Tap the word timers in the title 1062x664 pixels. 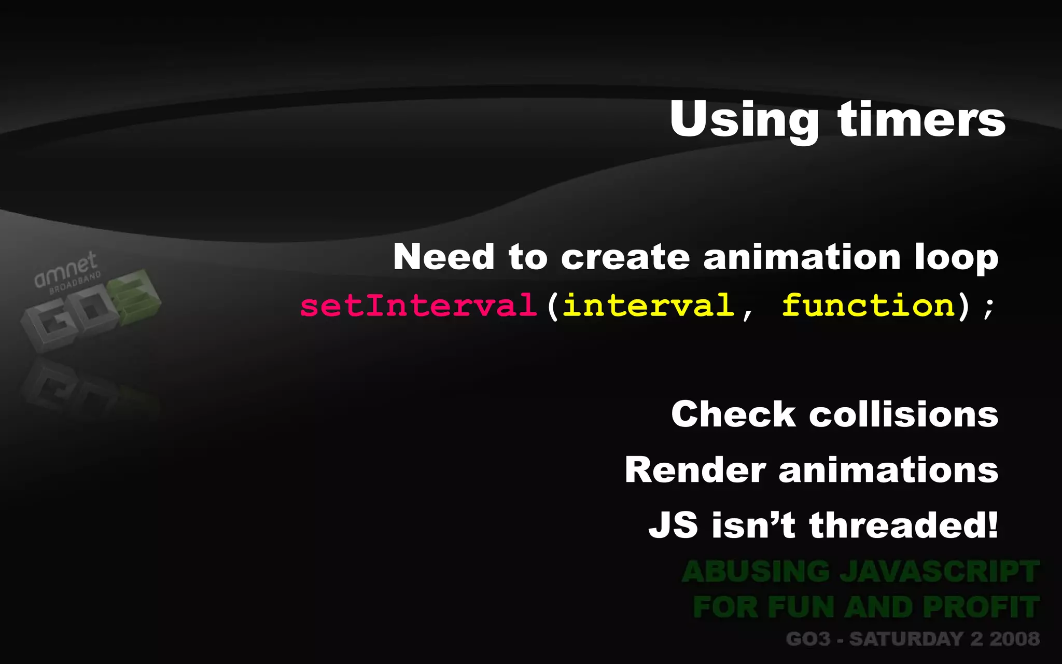921,120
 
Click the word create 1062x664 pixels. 625,257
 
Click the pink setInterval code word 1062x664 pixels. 418,305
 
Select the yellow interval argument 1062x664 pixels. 648,305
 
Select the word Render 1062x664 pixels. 695,470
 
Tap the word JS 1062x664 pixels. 673,525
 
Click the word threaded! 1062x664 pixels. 903,525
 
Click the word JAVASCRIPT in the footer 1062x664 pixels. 939,572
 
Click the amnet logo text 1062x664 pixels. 65,270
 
